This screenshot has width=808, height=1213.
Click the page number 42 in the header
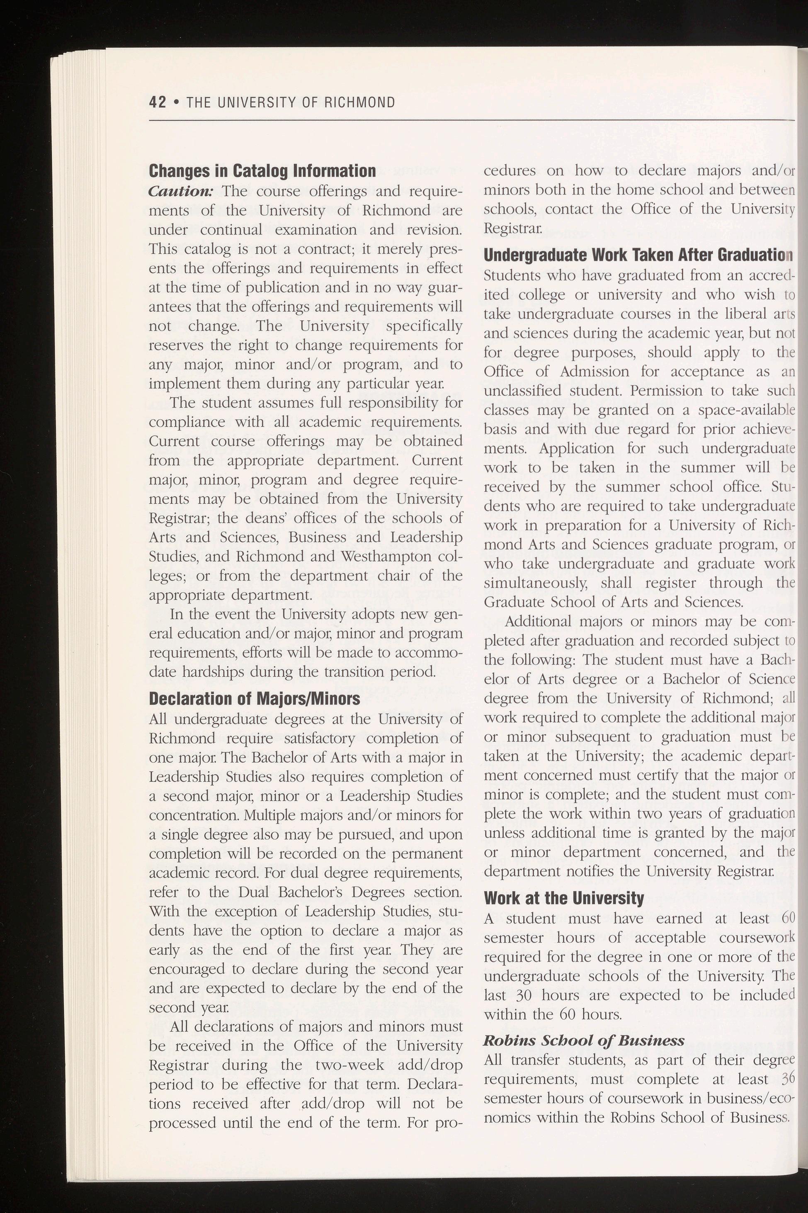(x=157, y=102)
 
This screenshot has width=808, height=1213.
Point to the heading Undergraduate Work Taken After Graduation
(x=638, y=255)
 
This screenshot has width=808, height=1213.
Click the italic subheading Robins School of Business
(x=584, y=1040)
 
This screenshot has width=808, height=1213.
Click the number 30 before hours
(x=524, y=995)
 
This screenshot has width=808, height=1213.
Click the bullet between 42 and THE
(x=176, y=102)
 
